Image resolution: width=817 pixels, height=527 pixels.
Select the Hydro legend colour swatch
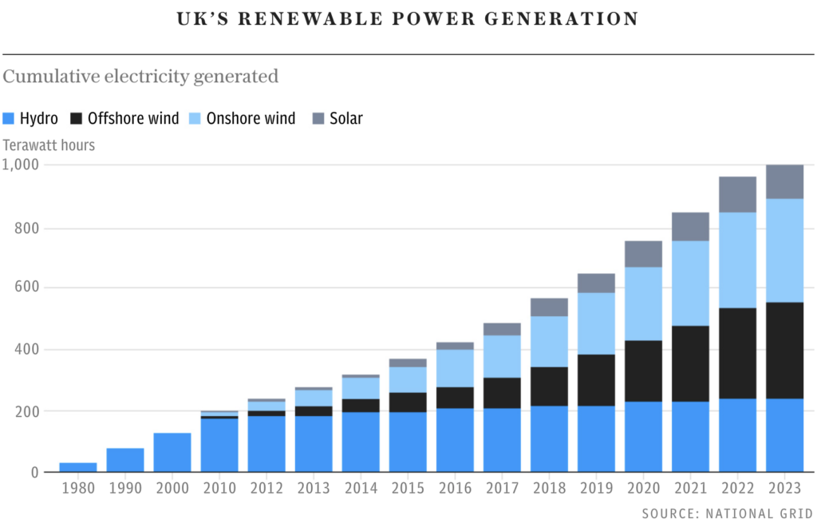point(9,119)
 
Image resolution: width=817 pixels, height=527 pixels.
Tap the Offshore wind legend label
point(133,119)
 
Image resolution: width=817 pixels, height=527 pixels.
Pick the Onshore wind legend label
point(251,119)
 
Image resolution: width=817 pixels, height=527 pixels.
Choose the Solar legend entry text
point(346,119)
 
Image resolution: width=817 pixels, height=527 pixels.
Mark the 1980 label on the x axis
point(77,487)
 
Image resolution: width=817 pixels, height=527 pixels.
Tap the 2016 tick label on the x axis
point(454,487)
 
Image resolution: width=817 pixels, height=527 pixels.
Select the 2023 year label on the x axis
point(784,487)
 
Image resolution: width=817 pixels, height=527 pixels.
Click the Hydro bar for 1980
point(77,468)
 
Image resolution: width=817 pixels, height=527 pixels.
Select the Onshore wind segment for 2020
point(643,304)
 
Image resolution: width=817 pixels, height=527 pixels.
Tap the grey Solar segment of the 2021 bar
point(690,227)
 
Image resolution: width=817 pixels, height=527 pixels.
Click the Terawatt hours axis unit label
point(49,145)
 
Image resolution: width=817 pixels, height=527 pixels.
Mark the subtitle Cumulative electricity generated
point(140,77)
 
